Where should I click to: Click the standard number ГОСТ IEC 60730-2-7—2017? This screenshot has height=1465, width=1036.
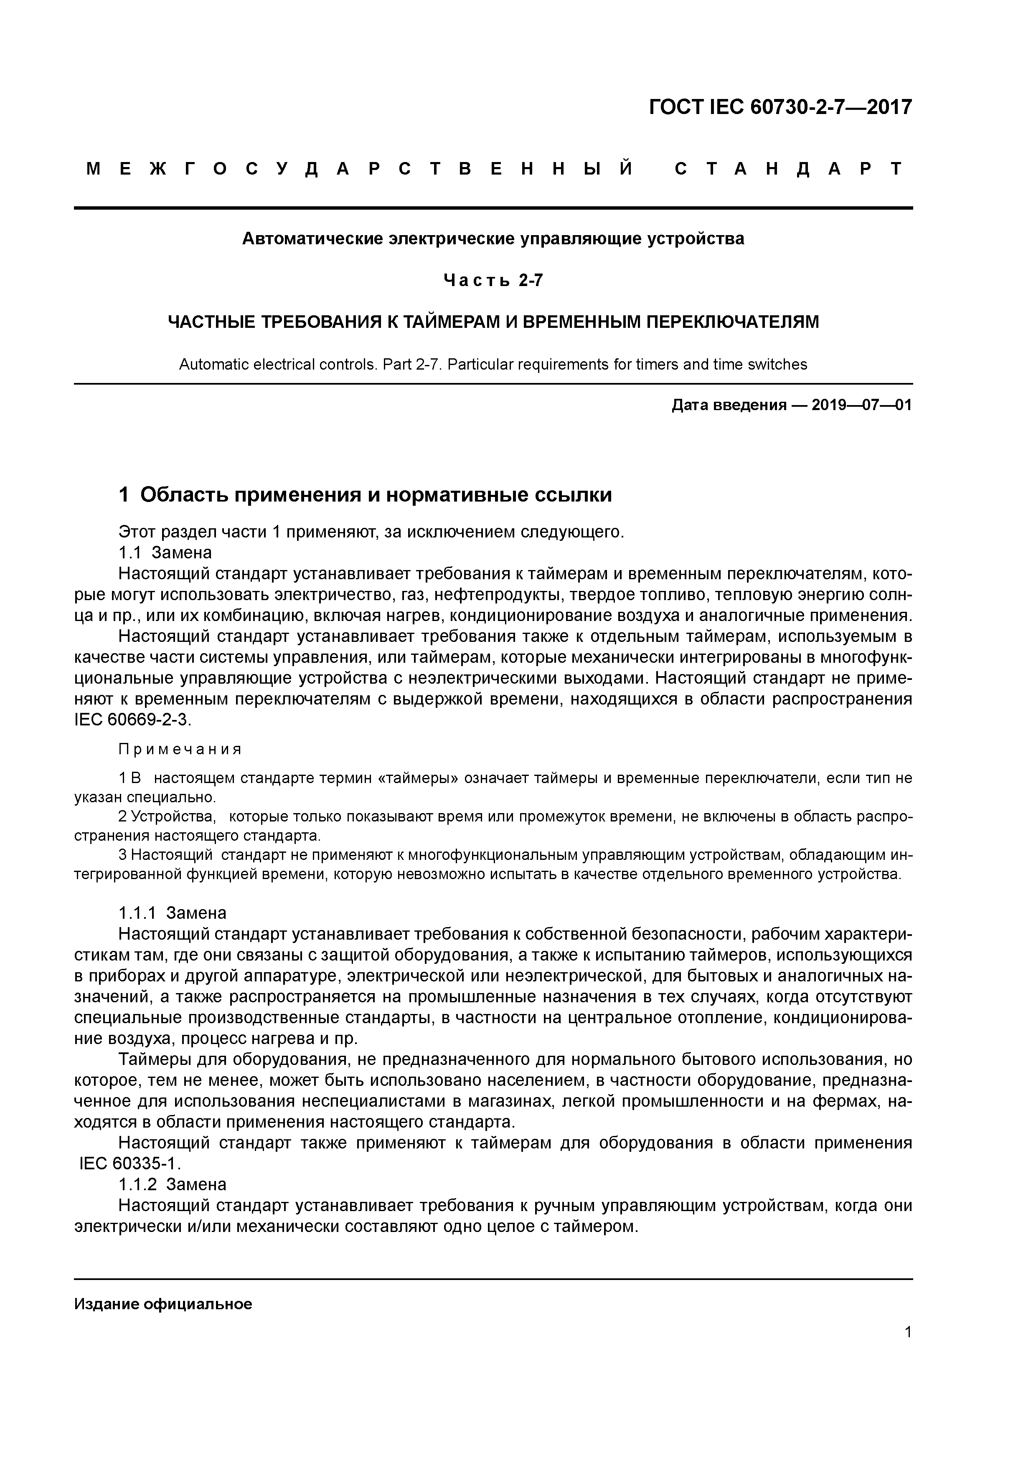[780, 107]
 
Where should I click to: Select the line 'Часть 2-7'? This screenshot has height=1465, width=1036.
[493, 280]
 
